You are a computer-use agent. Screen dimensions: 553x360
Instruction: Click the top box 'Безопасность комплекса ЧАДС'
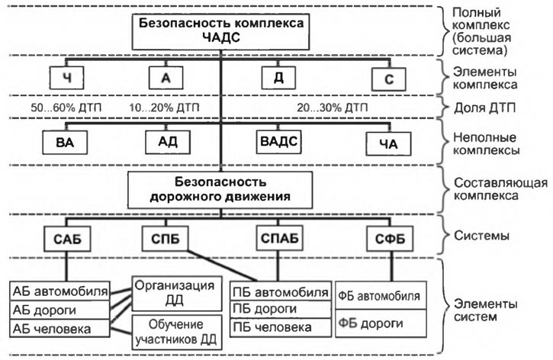[220, 32]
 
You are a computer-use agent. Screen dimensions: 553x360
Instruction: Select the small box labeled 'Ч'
[66, 78]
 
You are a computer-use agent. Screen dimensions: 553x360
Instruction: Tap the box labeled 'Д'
[278, 78]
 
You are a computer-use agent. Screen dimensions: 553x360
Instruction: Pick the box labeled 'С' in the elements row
[389, 79]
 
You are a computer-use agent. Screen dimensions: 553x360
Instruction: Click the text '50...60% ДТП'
[66, 108]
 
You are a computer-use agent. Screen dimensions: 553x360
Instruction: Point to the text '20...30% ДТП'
[333, 108]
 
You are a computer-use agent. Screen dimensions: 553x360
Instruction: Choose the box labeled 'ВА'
[65, 143]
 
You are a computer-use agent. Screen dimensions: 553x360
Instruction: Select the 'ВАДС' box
[278, 142]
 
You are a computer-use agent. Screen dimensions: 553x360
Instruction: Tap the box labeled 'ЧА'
[388, 144]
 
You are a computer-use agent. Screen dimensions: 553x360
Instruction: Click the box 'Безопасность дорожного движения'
[220, 190]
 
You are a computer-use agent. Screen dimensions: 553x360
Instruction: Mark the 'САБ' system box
[67, 239]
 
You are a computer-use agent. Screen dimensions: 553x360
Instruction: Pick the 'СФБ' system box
[390, 239]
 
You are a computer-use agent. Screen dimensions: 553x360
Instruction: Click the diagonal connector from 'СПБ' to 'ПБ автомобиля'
[223, 266]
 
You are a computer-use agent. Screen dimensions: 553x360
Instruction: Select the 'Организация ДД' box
[177, 294]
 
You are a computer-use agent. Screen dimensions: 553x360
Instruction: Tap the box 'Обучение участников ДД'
[177, 332]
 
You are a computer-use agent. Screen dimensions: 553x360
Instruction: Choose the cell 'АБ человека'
[59, 329]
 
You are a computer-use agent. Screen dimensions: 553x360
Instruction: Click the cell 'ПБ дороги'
[281, 309]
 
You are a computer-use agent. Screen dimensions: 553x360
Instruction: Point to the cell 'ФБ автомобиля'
[381, 295]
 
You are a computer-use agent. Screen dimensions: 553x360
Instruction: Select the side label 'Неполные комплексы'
[486, 143]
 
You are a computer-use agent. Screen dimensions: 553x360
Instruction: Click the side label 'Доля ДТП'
[484, 108]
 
